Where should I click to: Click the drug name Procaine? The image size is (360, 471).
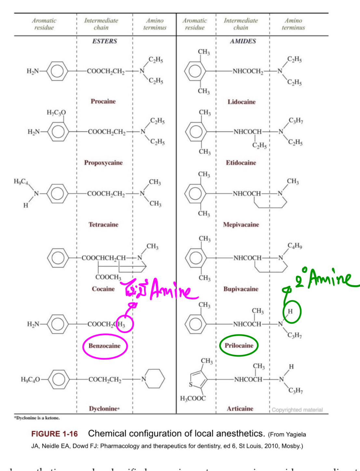[x=103, y=101]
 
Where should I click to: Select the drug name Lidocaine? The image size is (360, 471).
[x=241, y=102]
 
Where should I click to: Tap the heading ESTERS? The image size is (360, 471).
[x=104, y=41]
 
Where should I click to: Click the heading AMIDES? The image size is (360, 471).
[x=243, y=41]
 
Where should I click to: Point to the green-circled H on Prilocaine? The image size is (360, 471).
[x=290, y=311]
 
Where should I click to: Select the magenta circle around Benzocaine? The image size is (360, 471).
[x=105, y=346]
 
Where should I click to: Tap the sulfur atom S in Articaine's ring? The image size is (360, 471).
[x=191, y=384]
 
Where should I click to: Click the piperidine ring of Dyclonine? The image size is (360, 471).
[x=154, y=379]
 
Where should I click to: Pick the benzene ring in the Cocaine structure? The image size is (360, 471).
[x=58, y=258]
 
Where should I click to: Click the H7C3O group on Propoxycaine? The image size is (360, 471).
[x=56, y=113]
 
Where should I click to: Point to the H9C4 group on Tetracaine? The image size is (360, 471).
[x=21, y=182]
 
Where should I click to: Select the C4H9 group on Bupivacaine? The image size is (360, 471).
[x=295, y=246]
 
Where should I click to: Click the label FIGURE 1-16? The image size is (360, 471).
[x=54, y=434]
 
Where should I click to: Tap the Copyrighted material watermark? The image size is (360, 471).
[x=297, y=410]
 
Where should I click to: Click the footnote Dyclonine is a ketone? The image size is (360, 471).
[x=37, y=418]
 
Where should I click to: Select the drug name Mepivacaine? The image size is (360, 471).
[x=241, y=224]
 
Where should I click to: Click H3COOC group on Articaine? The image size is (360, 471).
[x=193, y=398]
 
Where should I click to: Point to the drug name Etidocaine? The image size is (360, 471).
[x=241, y=163]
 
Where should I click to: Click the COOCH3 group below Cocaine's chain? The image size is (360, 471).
[x=108, y=277]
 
